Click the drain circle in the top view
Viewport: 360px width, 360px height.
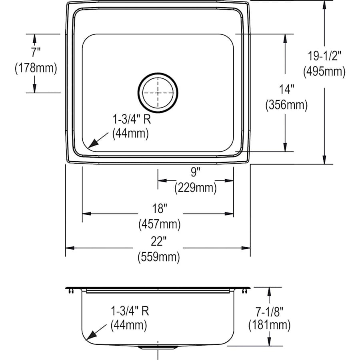(x=158, y=73)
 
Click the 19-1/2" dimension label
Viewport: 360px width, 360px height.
(x=324, y=56)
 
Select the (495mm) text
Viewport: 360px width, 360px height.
(x=324, y=72)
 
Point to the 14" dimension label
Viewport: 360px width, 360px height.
(x=286, y=89)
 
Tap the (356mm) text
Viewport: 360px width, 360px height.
(x=286, y=105)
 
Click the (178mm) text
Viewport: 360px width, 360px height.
(x=36, y=68)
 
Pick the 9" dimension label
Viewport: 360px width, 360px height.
(x=195, y=172)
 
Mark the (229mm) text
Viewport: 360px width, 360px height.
(x=195, y=188)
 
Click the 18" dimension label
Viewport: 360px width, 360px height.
(x=160, y=208)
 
